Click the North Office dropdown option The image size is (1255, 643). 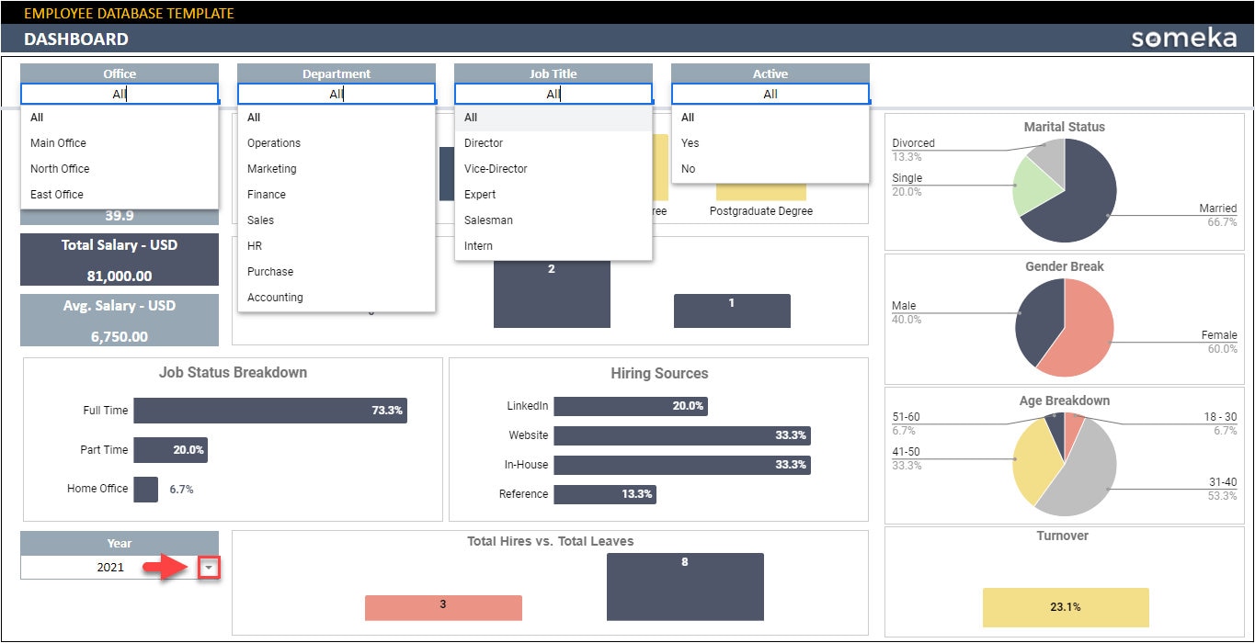[x=60, y=169]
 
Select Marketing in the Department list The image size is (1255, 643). [x=272, y=169]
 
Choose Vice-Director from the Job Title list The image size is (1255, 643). [x=496, y=169]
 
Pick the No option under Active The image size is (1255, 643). [x=689, y=169]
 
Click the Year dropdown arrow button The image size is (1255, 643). [x=210, y=569]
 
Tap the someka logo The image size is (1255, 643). [x=1183, y=39]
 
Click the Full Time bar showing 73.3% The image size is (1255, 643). [x=269, y=411]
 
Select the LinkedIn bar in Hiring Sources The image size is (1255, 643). [x=630, y=406]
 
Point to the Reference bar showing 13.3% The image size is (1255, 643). [x=604, y=494]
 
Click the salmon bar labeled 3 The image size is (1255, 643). [x=443, y=607]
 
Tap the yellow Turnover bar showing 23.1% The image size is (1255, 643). [x=1066, y=607]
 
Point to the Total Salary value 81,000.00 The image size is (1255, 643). [x=120, y=276]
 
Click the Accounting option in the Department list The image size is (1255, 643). [x=275, y=298]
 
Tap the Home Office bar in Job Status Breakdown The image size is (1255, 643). [x=145, y=490]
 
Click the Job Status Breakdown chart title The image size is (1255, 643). [x=233, y=373]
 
